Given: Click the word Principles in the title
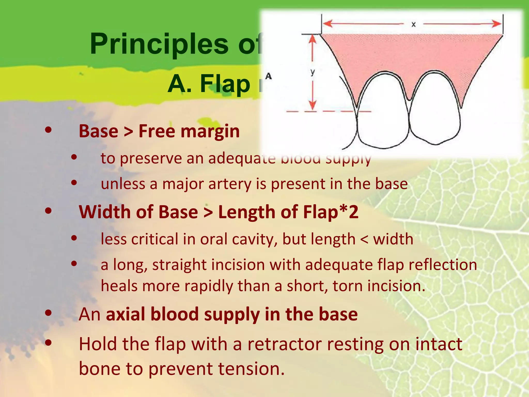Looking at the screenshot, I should coord(159,44).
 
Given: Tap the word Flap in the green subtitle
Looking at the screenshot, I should coord(225,84).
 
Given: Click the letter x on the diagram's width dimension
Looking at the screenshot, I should coord(414,25).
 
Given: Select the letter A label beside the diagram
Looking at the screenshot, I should coord(269,76).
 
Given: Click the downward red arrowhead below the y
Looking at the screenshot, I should coord(313,105).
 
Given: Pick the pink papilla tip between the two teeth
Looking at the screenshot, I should coord(409,97).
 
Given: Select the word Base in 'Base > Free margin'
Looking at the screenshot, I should coord(98,131).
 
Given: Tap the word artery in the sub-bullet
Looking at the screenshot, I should coord(230,184).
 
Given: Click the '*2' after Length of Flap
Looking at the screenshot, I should coord(349,212).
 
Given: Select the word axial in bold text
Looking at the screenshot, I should coord(126,314).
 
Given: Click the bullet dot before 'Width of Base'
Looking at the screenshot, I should coord(48,211).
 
